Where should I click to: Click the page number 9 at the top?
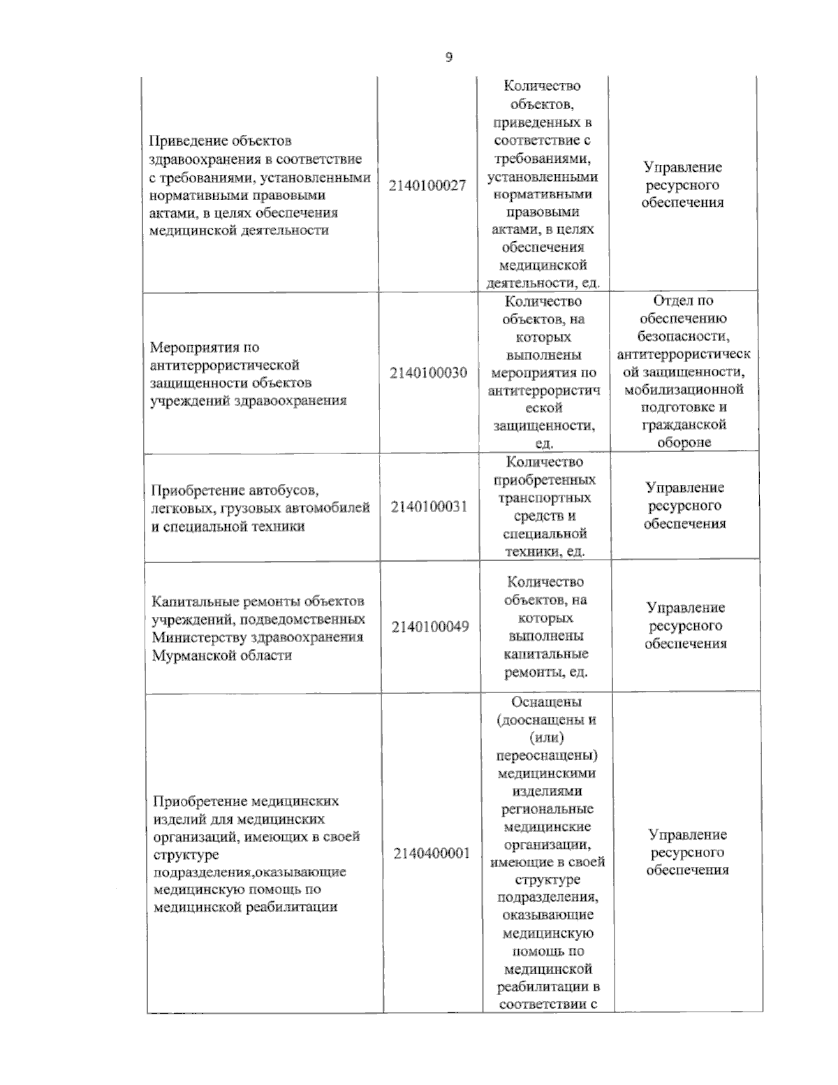pos(449,57)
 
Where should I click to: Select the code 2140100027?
pos(427,186)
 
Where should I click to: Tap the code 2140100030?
pos(429,373)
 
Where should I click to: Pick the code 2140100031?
pos(429,507)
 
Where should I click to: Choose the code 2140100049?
pos(430,627)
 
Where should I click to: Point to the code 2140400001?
pos(432,854)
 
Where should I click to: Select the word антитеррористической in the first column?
pos(225,365)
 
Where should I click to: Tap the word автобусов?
pos(288,490)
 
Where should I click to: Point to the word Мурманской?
pos(191,656)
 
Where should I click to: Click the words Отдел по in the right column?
pos(683,301)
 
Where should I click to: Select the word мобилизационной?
pos(684,389)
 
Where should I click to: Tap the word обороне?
pos(684,442)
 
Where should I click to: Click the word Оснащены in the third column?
pos(546,702)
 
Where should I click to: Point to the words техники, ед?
pos(545,552)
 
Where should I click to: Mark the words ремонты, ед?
pos(545,672)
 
